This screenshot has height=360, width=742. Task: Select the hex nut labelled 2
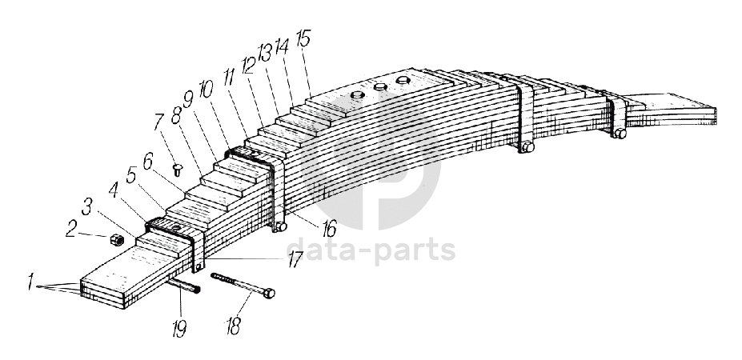114,238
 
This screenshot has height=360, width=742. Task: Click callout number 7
161,126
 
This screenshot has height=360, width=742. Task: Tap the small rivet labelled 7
177,169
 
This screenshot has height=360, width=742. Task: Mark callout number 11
230,78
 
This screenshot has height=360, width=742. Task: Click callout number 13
265,54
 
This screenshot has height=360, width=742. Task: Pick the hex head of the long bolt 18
270,294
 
